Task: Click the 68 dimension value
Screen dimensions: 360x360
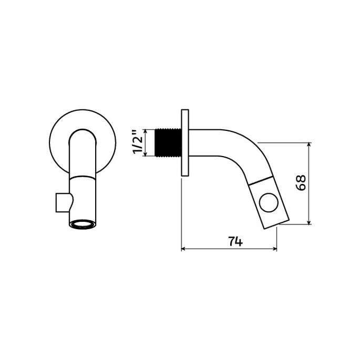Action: click(301, 182)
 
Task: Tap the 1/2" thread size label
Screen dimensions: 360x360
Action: click(138, 142)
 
